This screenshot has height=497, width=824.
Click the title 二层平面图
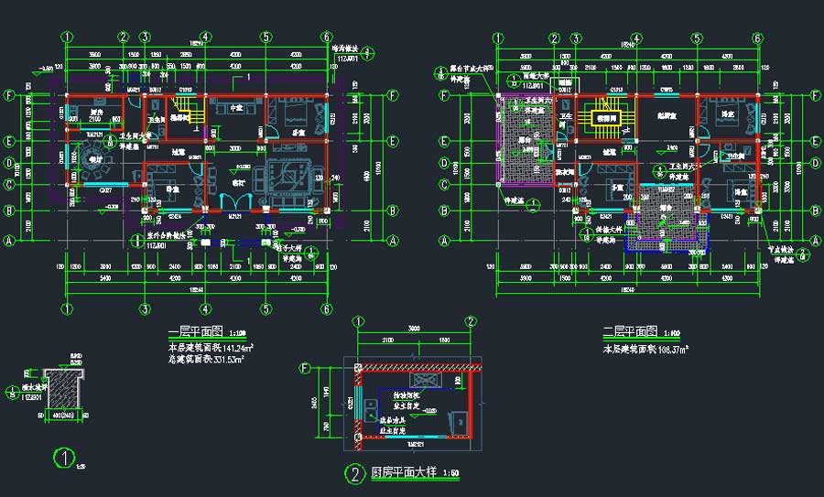click(x=629, y=331)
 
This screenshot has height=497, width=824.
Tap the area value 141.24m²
click(x=236, y=349)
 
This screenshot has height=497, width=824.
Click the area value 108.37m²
click(x=669, y=350)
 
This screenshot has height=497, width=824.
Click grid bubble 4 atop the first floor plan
click(x=206, y=38)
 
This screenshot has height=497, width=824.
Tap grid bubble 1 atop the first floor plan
click(x=67, y=38)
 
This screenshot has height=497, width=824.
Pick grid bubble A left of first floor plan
click(x=11, y=241)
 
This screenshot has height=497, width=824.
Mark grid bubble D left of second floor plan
click(x=445, y=163)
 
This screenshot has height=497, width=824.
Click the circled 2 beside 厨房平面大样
click(x=353, y=473)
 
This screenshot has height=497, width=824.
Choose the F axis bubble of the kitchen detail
click(x=305, y=368)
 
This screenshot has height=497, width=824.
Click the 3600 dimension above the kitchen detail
click(x=414, y=329)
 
